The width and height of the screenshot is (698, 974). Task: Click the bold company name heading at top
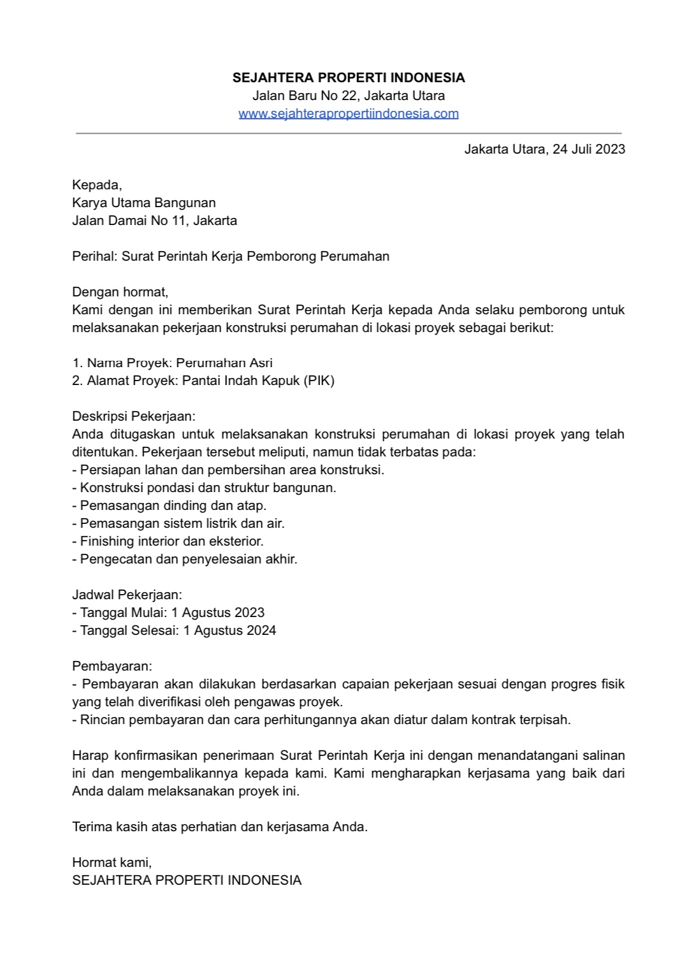pyautogui.click(x=349, y=78)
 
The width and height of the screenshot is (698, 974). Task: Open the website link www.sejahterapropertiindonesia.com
pyautogui.click(x=349, y=113)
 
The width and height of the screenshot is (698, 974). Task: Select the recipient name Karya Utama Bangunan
pyautogui.click(x=144, y=203)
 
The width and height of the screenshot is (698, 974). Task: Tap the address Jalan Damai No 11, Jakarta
pyautogui.click(x=154, y=221)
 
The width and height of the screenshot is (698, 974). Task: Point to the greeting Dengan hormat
pyautogui.click(x=120, y=292)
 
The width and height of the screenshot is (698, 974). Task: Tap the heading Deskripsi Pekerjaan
pyautogui.click(x=134, y=416)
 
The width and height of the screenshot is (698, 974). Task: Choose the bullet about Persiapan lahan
pyautogui.click(x=228, y=470)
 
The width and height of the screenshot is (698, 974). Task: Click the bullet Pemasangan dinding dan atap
pyautogui.click(x=170, y=505)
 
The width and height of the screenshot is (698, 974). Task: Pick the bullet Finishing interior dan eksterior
pyautogui.click(x=168, y=541)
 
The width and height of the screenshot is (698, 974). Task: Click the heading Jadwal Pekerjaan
pyautogui.click(x=127, y=595)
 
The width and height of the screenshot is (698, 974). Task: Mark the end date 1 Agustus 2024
pyautogui.click(x=229, y=630)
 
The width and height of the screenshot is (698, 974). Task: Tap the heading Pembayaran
pyautogui.click(x=112, y=666)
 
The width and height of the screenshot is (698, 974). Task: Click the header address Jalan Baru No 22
pyautogui.click(x=306, y=96)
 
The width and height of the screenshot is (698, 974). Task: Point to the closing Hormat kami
pyautogui.click(x=112, y=862)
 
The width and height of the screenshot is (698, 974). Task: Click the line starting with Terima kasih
pyautogui.click(x=220, y=827)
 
